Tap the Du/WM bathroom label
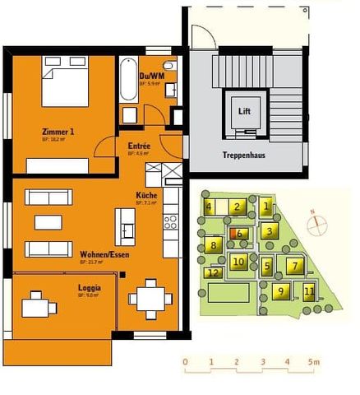(150, 77)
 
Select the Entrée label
(139, 146)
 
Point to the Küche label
(146, 196)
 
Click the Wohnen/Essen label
(99, 255)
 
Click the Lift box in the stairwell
(244, 111)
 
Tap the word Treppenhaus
(242, 156)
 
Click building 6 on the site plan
(239, 234)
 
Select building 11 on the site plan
(309, 291)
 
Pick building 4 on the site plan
(210, 207)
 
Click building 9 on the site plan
(280, 291)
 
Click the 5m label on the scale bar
(313, 362)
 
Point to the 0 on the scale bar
(186, 362)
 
